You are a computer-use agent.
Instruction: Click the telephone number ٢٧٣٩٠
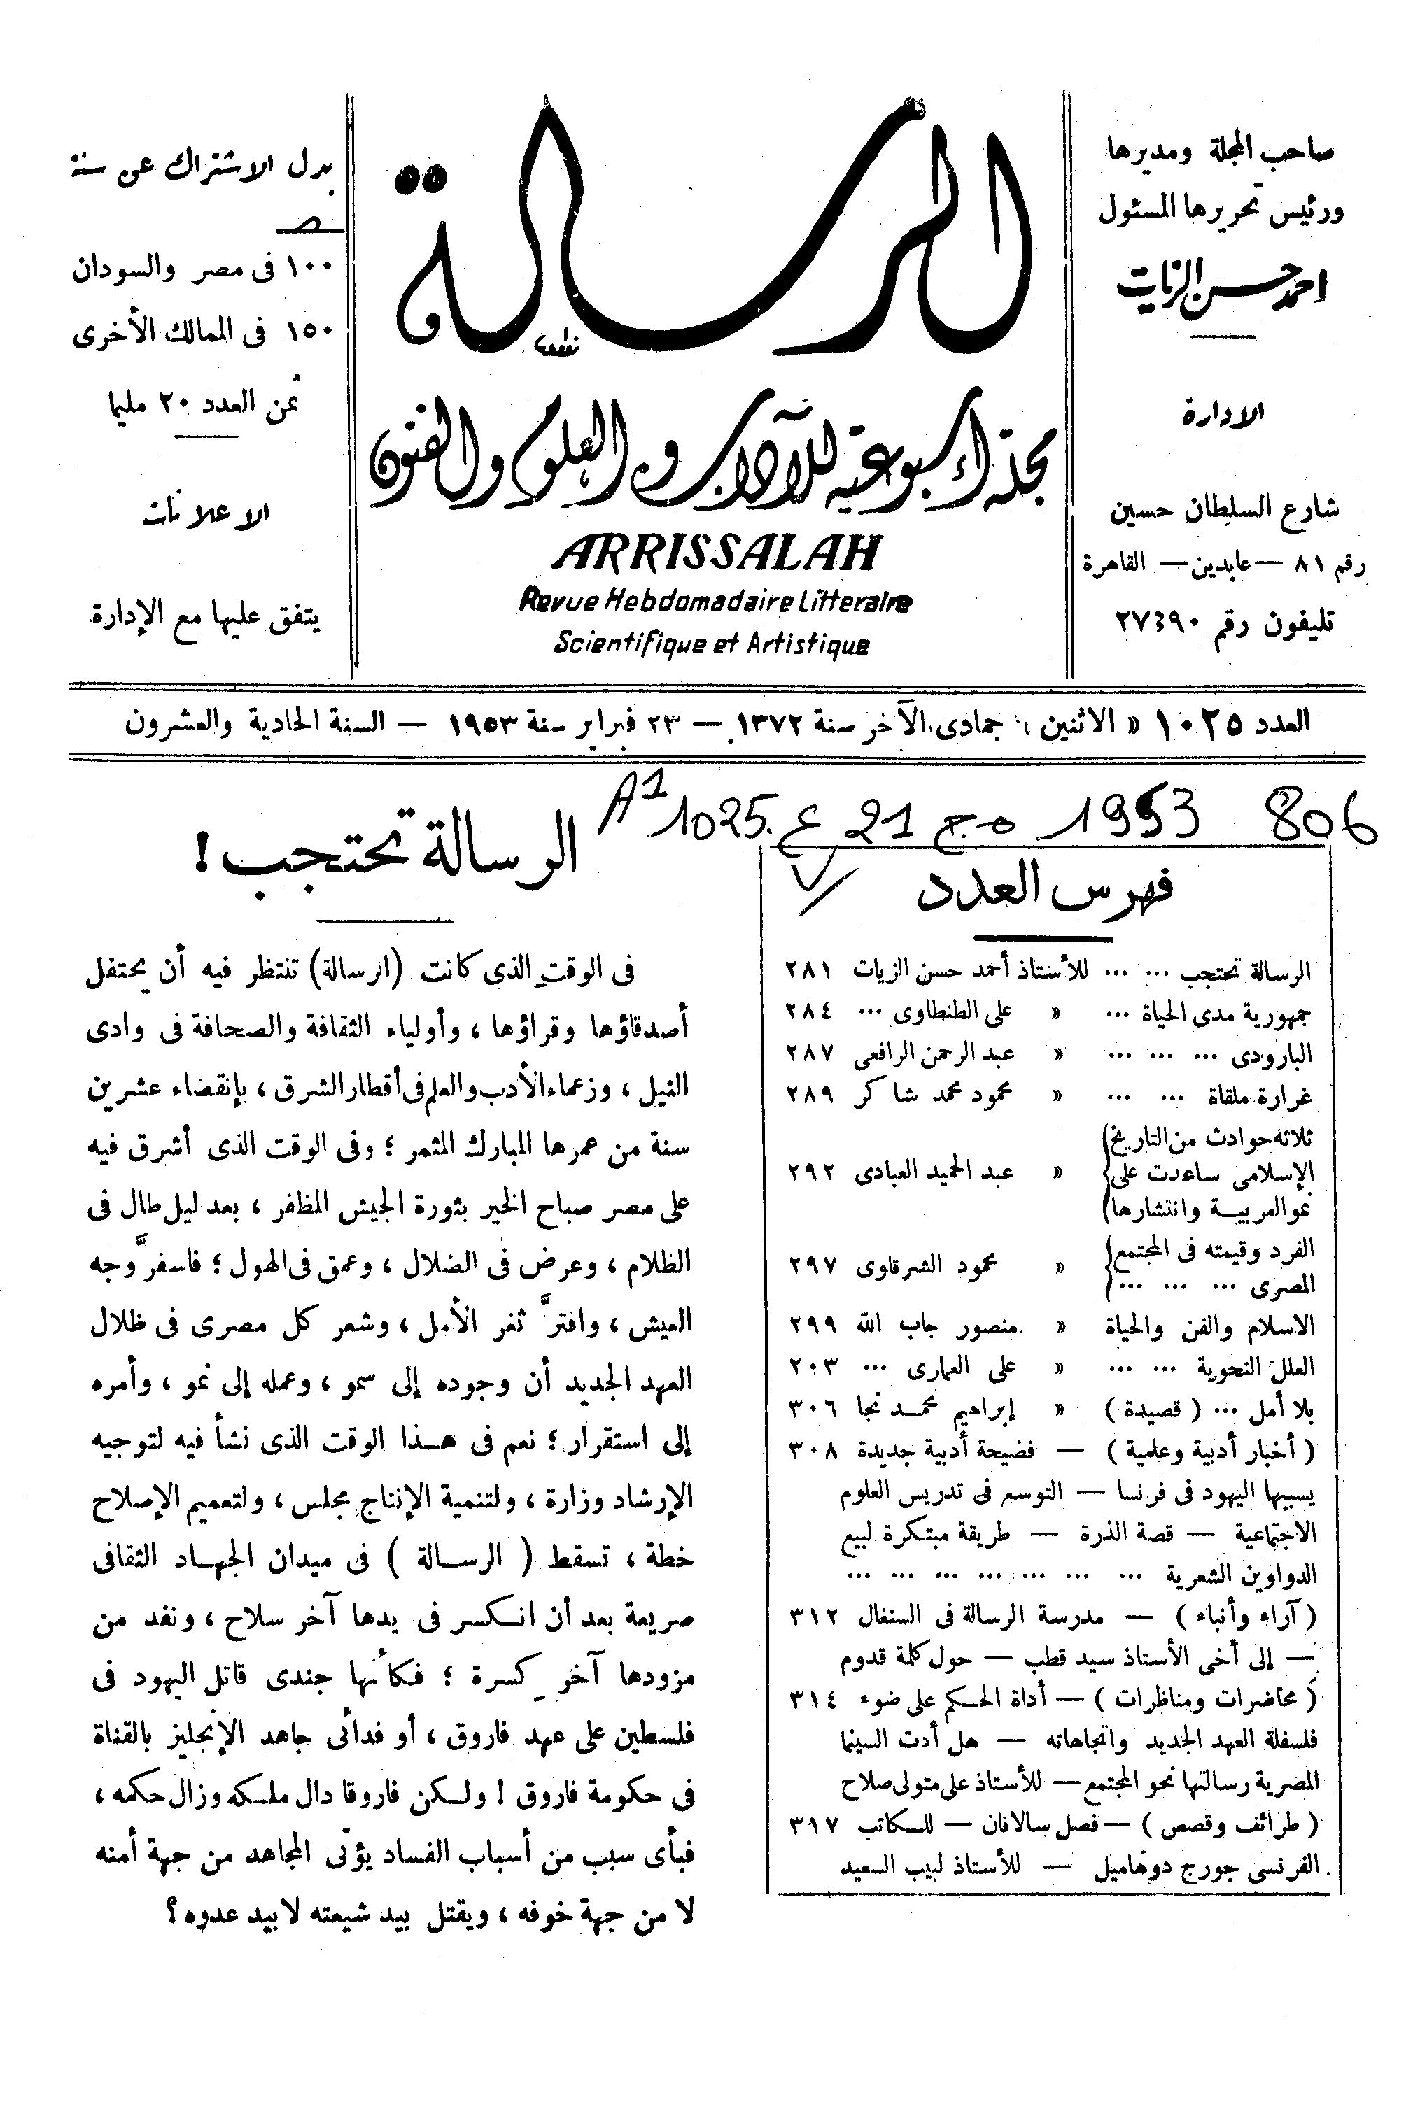click(x=1153, y=625)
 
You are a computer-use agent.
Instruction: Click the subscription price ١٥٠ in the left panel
click(x=311, y=333)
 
